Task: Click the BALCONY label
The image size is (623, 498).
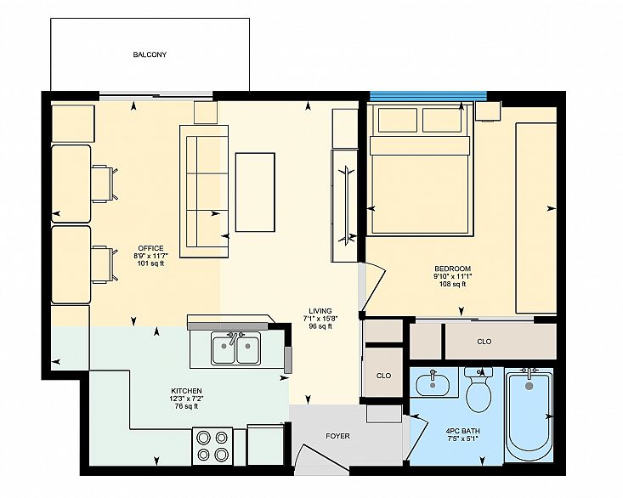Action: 150,54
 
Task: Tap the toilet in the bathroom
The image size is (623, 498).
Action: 479,391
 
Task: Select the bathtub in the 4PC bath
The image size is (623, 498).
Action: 529,415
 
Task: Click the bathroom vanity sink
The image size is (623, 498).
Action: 433,384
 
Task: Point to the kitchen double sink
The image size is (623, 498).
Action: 236,348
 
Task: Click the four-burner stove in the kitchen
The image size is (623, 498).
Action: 212,445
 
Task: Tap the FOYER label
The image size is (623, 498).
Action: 337,436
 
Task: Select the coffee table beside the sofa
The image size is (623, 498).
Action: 255,192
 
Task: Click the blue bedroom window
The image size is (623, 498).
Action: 428,96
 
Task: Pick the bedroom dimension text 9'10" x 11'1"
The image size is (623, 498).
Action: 452,276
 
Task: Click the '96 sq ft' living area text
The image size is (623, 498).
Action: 320,326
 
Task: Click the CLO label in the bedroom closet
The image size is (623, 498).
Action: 484,342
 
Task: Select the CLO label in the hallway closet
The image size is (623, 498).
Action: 383,376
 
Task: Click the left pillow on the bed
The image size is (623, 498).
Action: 398,120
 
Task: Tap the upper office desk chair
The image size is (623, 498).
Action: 105,184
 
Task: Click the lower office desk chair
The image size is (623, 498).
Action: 105,264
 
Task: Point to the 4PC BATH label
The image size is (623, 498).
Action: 462,431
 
